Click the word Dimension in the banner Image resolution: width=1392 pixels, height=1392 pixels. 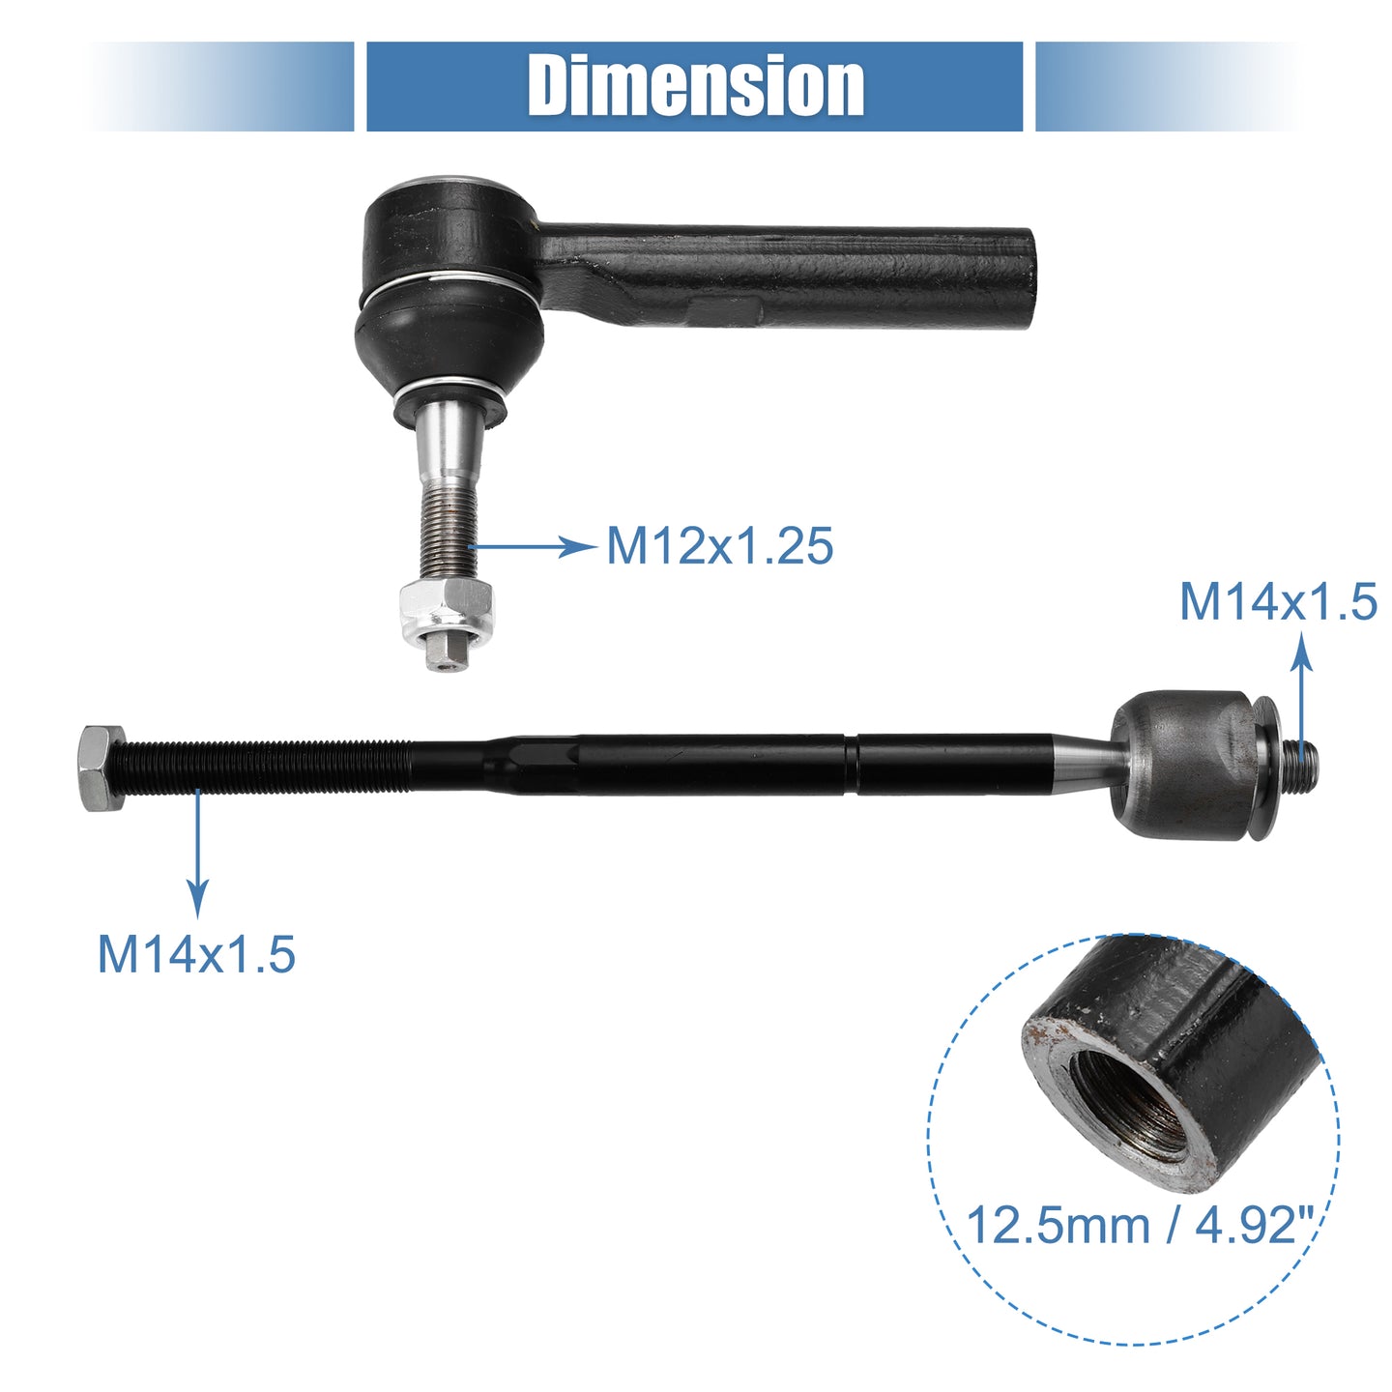696,86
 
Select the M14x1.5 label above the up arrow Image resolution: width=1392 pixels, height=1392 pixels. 1278,601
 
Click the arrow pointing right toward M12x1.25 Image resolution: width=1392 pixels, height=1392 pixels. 533,547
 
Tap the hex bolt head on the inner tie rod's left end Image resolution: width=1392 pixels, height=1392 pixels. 101,768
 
